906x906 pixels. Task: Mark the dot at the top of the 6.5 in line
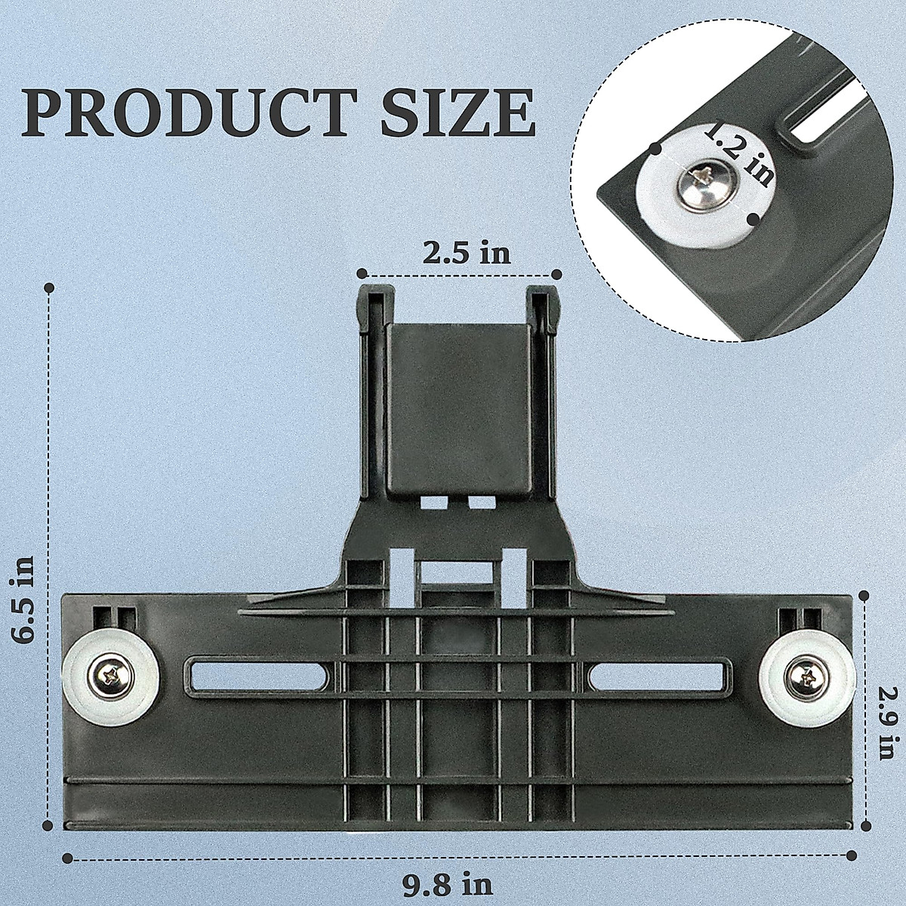50,288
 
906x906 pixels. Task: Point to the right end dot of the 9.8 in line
852,855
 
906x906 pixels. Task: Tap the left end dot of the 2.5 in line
362,273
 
